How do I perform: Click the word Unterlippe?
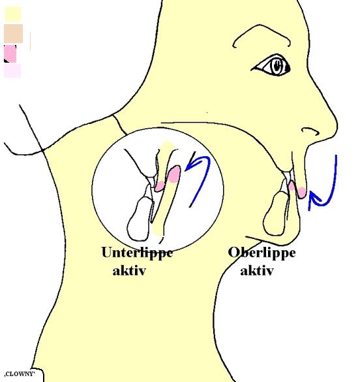(x=137, y=253)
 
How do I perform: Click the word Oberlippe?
(x=262, y=253)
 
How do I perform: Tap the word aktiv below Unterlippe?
(x=129, y=270)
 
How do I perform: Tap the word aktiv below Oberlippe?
(x=257, y=270)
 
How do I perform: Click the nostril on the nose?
(x=310, y=131)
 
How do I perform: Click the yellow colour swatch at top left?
(x=13, y=14)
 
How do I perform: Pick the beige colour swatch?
(x=14, y=33)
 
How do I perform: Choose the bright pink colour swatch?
(x=10, y=54)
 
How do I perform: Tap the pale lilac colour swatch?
(x=12, y=71)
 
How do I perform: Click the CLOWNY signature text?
(x=20, y=374)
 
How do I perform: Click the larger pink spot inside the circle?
(x=174, y=174)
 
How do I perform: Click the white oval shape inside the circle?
(x=139, y=219)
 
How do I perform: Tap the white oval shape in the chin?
(x=275, y=214)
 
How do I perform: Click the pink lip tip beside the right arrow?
(x=301, y=193)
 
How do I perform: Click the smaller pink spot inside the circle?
(x=160, y=186)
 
